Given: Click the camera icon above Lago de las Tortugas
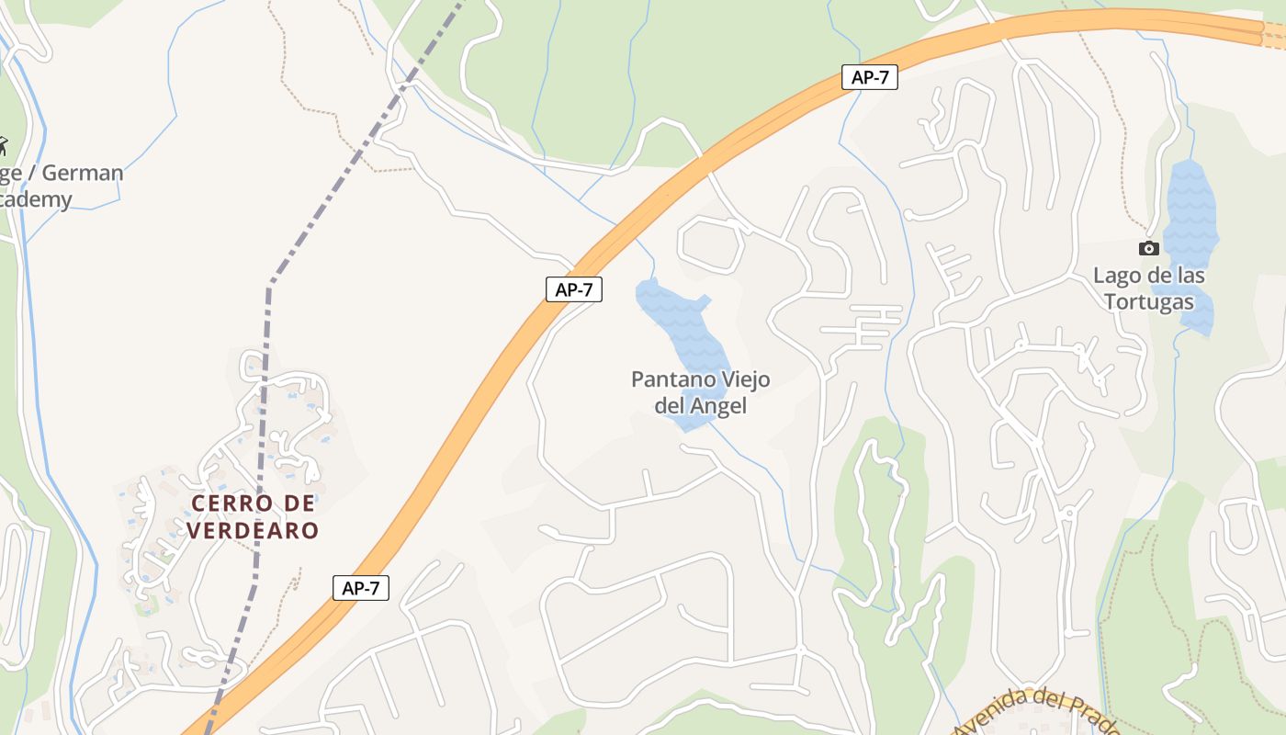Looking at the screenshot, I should click(1148, 248).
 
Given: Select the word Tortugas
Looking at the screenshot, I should click(1148, 301).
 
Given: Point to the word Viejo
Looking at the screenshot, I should click(736, 379).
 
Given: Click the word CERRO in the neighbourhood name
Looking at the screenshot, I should click(231, 503).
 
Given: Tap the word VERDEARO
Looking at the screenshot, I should click(253, 530).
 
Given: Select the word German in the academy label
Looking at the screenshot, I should click(83, 173).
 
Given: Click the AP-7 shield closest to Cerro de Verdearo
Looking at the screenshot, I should click(361, 588).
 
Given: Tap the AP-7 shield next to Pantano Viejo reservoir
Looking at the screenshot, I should click(574, 289).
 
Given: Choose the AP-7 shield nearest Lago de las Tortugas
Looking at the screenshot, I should click(869, 77).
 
